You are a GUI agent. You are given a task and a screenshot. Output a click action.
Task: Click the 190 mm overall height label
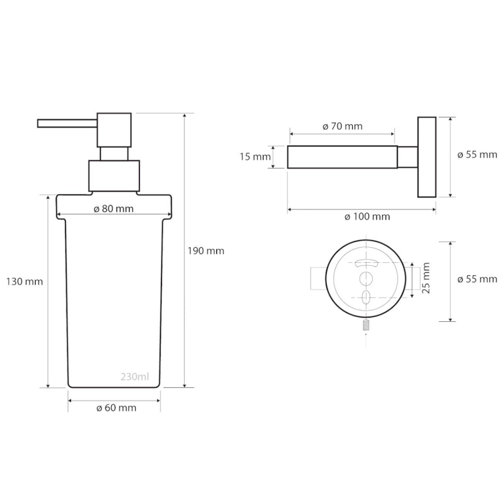pos(206,251)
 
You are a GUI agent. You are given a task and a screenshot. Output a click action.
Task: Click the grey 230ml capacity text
pos(135,377)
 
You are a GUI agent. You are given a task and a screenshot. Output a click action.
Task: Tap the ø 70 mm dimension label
pos(342,126)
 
